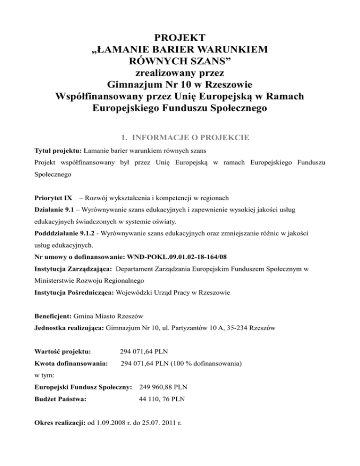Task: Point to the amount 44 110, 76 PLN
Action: click(162, 400)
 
